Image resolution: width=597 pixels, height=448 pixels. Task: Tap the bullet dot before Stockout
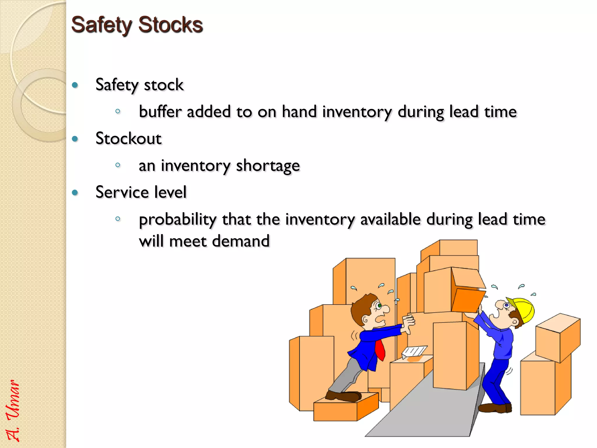coord(75,139)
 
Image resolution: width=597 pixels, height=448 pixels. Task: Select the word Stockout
coord(128,139)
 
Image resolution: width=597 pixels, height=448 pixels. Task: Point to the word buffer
coord(160,112)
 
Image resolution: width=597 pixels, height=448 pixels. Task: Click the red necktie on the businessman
coord(380,350)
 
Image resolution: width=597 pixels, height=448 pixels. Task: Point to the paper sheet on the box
coord(414,351)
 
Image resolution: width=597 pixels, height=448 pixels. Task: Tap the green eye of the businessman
coord(379,306)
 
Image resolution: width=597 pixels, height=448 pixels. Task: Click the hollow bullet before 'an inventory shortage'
coord(118,165)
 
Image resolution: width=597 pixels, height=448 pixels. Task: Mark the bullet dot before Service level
coord(75,192)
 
